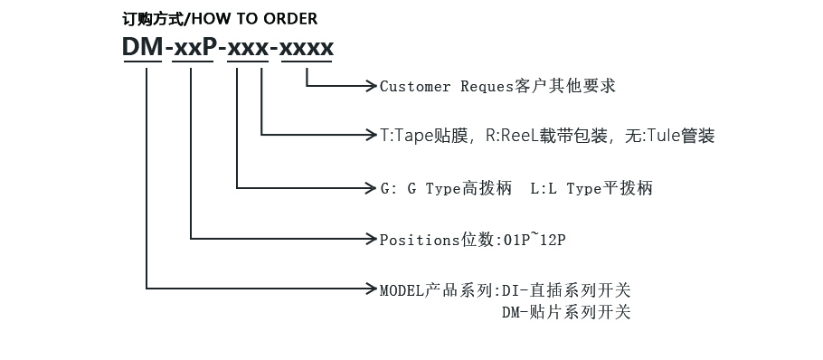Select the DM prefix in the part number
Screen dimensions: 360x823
tap(143, 49)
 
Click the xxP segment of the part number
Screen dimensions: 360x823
tap(193, 49)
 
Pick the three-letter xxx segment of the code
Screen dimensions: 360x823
tap(248, 49)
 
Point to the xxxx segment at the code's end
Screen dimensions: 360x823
tap(307, 49)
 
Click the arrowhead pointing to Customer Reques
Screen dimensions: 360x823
tap(371, 86)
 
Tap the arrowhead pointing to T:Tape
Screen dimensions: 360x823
tap(371, 136)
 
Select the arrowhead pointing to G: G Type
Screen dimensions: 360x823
tap(371, 188)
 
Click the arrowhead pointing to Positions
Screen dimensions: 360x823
tap(371, 240)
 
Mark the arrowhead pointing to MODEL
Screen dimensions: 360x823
tap(371, 289)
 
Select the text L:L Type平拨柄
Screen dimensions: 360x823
tap(591, 189)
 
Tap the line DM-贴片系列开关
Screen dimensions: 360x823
tap(566, 313)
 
